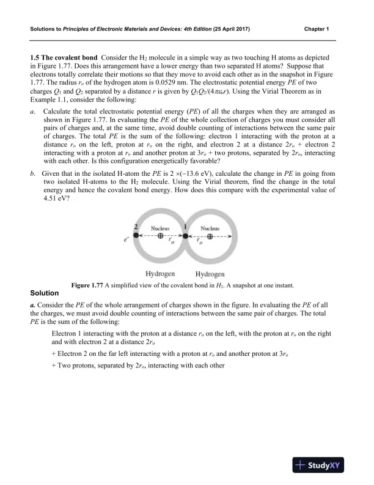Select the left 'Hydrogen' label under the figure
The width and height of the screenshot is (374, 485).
click(161, 274)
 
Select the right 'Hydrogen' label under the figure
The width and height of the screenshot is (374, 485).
click(210, 274)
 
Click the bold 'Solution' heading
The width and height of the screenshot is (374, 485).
click(44, 293)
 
